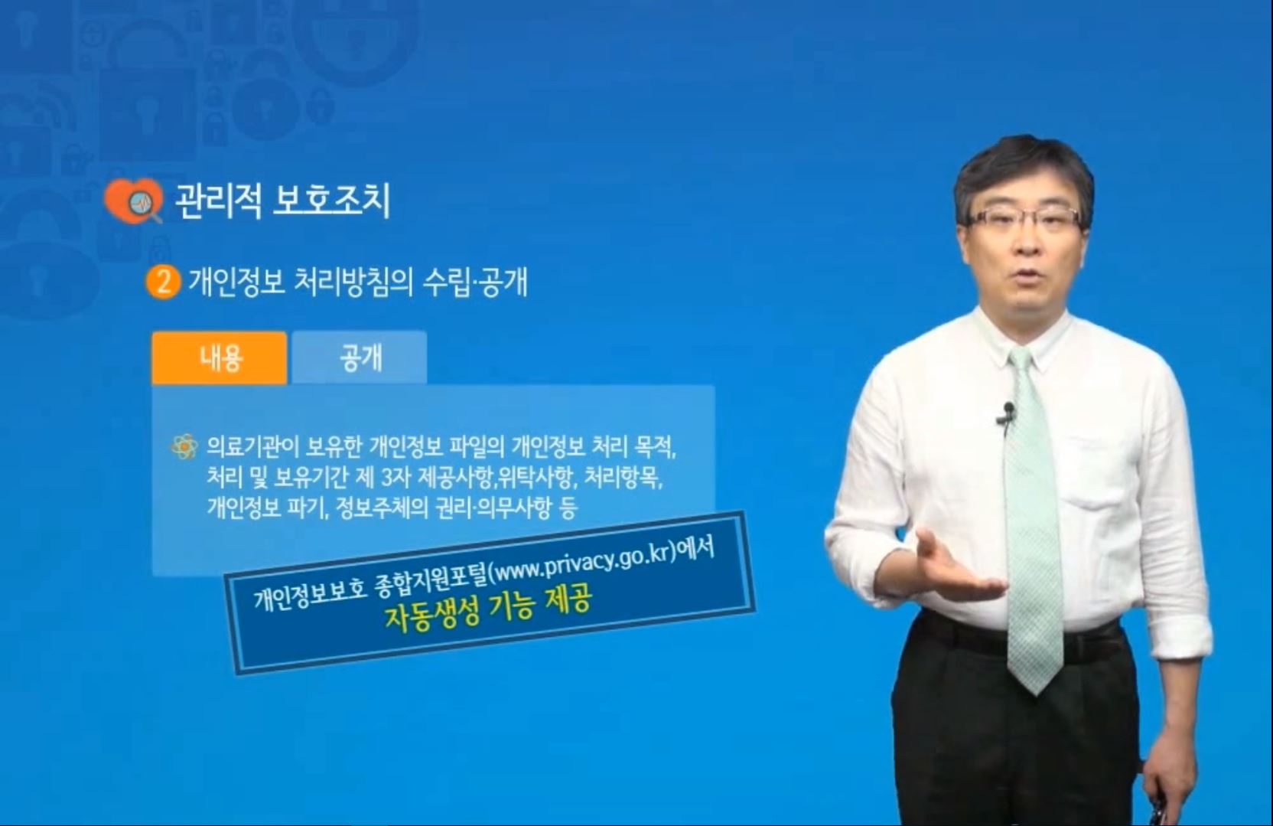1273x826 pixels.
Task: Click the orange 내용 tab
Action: [x=220, y=357]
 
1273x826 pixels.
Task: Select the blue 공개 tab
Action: [x=359, y=357]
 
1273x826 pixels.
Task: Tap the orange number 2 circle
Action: [x=162, y=282]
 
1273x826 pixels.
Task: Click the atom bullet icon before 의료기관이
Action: [x=184, y=446]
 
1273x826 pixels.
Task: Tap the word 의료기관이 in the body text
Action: [x=253, y=447]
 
